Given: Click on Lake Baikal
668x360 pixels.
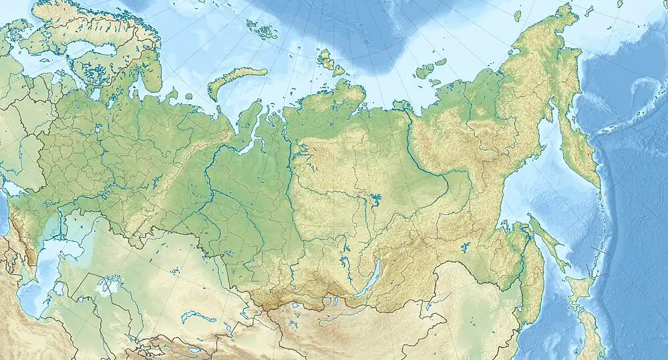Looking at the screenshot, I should [x=370, y=279].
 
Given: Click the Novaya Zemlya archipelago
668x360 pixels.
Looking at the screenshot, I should [x=230, y=83].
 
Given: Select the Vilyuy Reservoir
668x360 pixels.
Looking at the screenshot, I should [x=375, y=198].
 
